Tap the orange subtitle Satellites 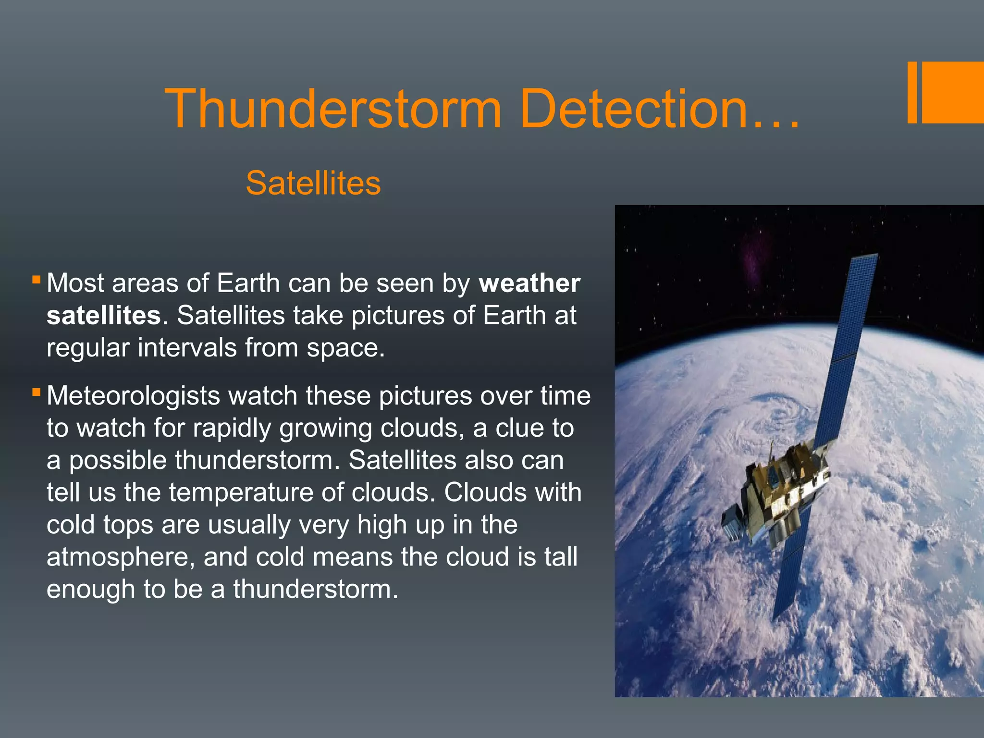[x=313, y=183]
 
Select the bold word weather [x=529, y=283]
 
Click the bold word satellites [x=103, y=316]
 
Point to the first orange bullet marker [x=36, y=279]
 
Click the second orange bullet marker [x=36, y=392]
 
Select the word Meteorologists [x=133, y=396]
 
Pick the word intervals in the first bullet [x=187, y=348]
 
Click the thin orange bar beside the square [x=912, y=92]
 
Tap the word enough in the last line [x=90, y=590]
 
